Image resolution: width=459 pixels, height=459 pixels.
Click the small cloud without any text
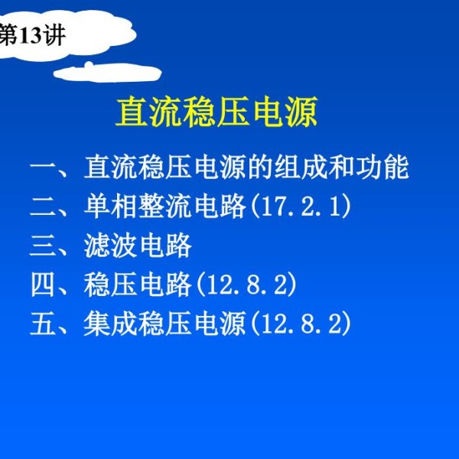107,72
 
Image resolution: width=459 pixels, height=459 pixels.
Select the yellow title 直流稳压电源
216,112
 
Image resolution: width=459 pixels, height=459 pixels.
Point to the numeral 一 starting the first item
43,168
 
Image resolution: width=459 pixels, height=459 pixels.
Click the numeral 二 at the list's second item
43,207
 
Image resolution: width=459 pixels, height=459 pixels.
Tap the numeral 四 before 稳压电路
43,285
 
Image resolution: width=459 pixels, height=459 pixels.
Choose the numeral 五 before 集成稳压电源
43,324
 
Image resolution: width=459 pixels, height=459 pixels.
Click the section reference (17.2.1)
301,207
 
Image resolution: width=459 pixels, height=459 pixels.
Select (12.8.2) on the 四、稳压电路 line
246,285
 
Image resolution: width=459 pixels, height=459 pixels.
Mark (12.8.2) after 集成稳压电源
301,324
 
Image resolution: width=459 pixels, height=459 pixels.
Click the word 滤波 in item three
110,246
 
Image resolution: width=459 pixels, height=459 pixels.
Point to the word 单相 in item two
110,207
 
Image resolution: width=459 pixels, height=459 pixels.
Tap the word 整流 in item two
165,207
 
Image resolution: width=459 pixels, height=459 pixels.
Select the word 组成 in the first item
301,168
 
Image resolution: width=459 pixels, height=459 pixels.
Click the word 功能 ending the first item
382,168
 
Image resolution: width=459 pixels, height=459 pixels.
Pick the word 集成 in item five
110,324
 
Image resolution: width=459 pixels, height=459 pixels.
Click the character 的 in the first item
260,168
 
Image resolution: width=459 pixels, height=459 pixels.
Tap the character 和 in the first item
342,168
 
